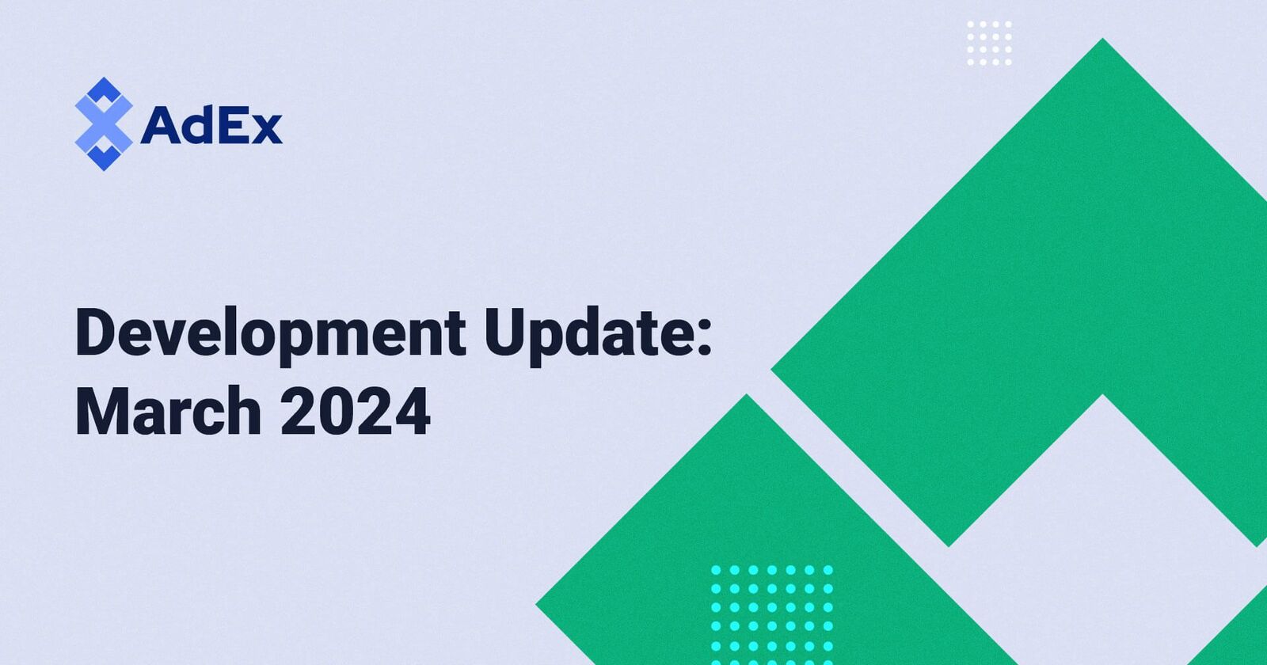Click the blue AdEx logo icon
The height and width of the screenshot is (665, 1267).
pyautogui.click(x=103, y=124)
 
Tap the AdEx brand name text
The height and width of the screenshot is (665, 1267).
pyautogui.click(x=211, y=125)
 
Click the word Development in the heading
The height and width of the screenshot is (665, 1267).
pyautogui.click(x=270, y=333)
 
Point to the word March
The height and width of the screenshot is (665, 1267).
pyautogui.click(x=168, y=411)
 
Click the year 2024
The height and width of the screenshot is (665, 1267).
pyautogui.click(x=356, y=411)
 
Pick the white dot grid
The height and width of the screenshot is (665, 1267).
pyautogui.click(x=989, y=44)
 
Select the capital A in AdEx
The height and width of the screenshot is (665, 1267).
pyautogui.click(x=162, y=125)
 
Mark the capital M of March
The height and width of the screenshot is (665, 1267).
pyautogui.click(x=101, y=411)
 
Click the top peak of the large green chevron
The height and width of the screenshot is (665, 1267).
pyautogui.click(x=1102, y=44)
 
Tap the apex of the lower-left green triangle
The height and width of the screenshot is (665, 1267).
pyautogui.click(x=747, y=400)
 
